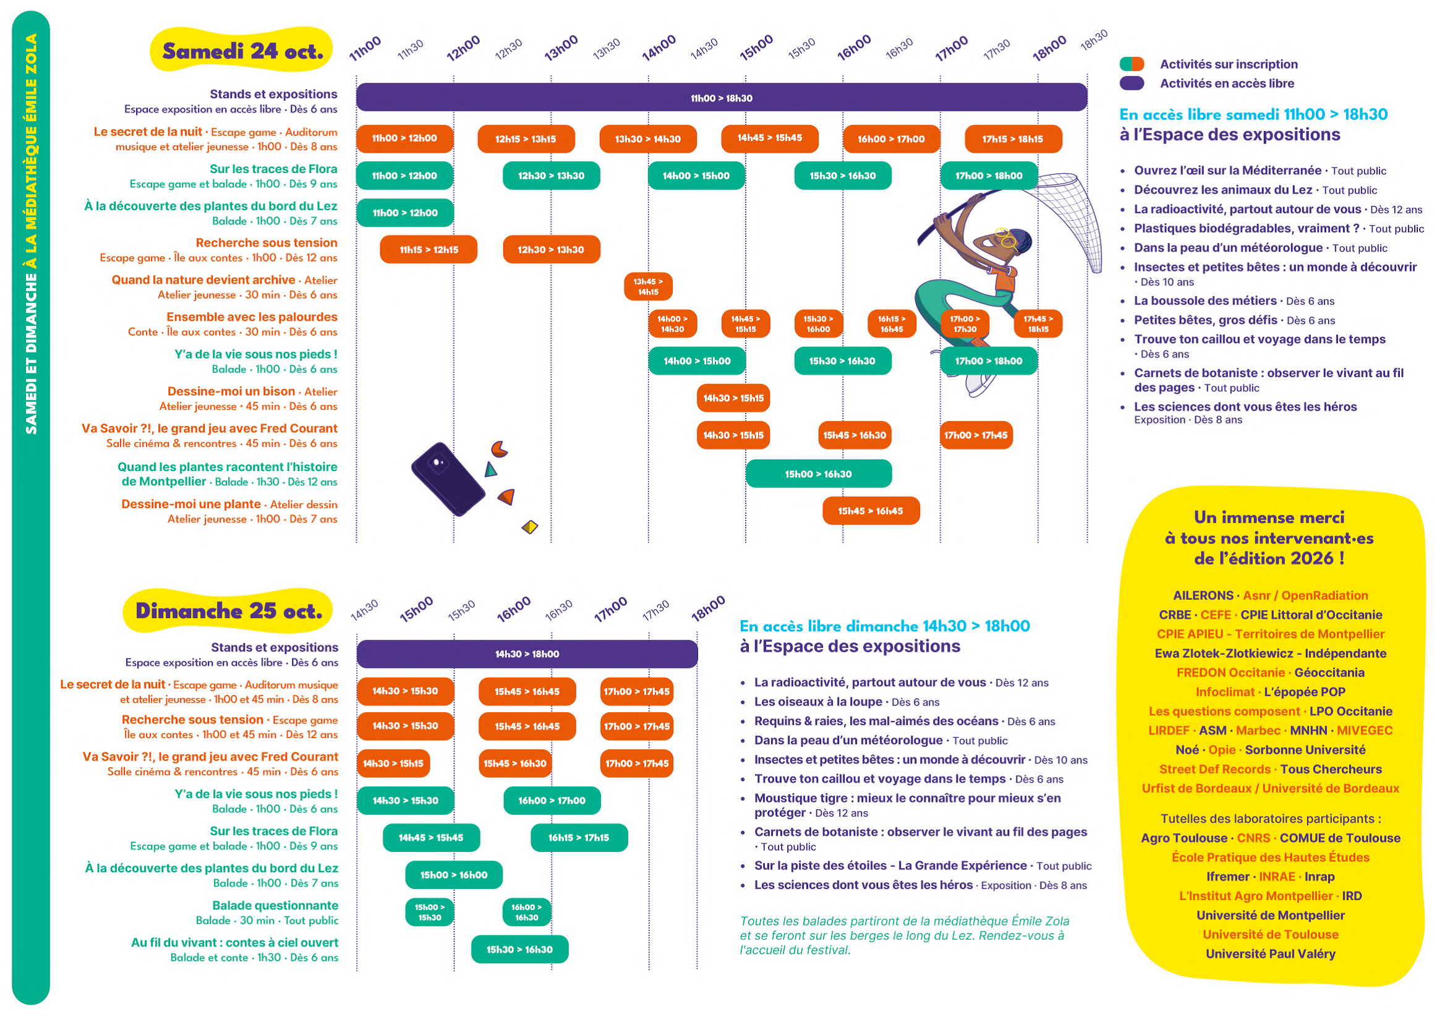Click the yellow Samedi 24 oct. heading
(242, 50)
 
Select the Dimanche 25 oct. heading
(229, 611)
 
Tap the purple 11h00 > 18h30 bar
(722, 98)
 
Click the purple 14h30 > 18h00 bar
(527, 654)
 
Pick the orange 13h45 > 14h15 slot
(648, 287)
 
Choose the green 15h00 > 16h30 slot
(819, 474)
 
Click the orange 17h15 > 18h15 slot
(1013, 139)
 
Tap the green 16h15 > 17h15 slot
(579, 838)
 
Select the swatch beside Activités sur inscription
(1132, 64)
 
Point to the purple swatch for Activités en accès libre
(1132, 83)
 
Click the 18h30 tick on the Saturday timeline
(1094, 40)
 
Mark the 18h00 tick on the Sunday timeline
(708, 609)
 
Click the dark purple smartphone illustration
(448, 479)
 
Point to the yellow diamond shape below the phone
(530, 527)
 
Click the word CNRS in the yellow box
(1253, 838)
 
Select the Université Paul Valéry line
(1271, 954)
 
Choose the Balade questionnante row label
(275, 906)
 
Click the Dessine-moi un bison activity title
(231, 391)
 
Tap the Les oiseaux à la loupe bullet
(818, 701)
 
